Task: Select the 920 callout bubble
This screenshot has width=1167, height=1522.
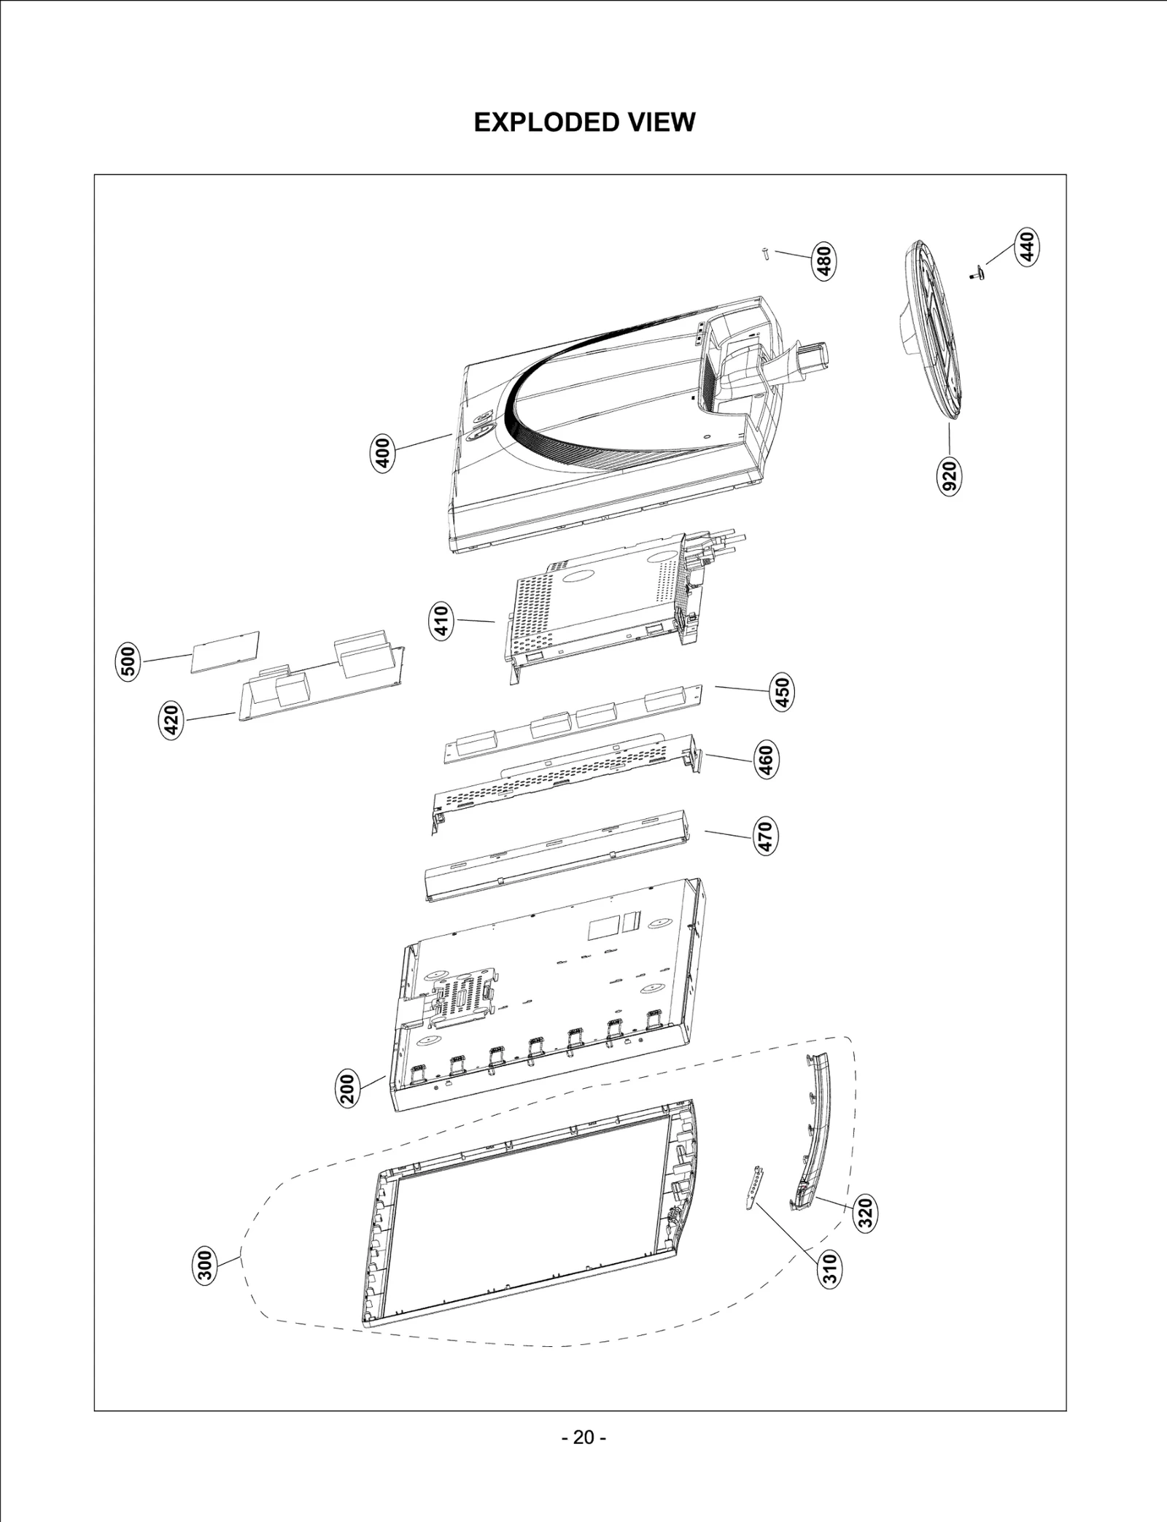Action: point(950,476)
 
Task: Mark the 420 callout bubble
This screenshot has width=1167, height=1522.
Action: point(171,721)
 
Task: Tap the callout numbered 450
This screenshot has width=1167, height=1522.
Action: point(781,691)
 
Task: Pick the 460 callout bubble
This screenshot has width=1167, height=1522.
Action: point(765,760)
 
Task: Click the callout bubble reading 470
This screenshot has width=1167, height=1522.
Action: point(764,836)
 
